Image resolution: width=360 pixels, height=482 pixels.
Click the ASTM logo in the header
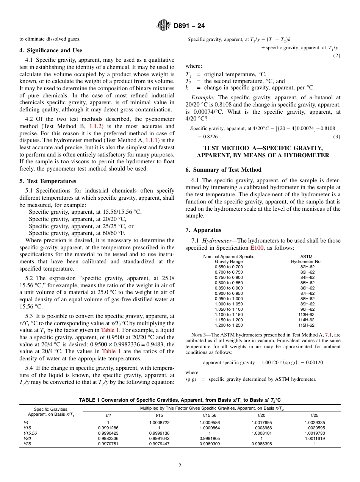(x=164, y=26)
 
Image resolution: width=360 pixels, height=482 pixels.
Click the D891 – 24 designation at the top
(x=189, y=26)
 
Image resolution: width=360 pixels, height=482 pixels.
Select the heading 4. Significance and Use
(x=50, y=50)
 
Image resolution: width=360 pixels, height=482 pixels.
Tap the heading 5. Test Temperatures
(x=48, y=181)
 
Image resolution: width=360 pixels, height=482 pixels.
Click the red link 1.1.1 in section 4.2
(x=152, y=140)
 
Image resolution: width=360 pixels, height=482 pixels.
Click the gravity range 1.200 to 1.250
(x=229, y=325)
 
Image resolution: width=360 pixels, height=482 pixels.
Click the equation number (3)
(x=337, y=136)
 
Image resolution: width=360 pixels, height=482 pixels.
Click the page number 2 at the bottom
(x=180, y=465)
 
